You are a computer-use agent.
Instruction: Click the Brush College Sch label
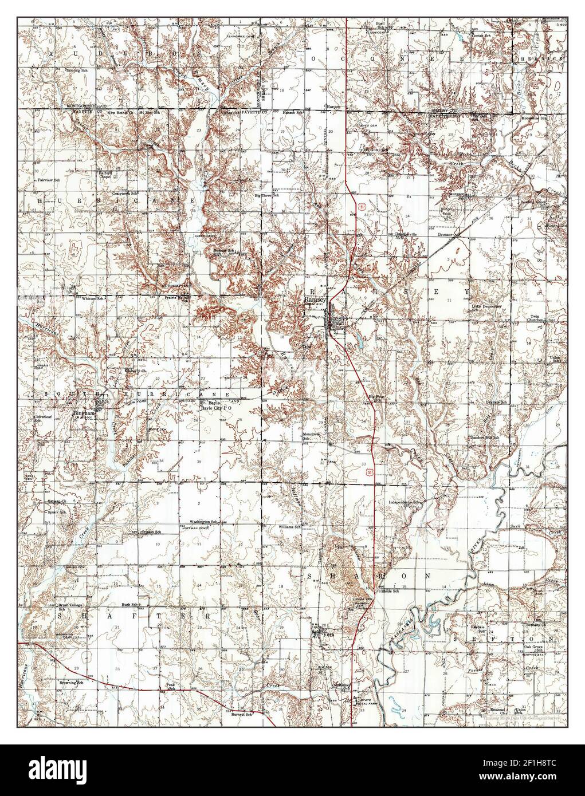(66, 606)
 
